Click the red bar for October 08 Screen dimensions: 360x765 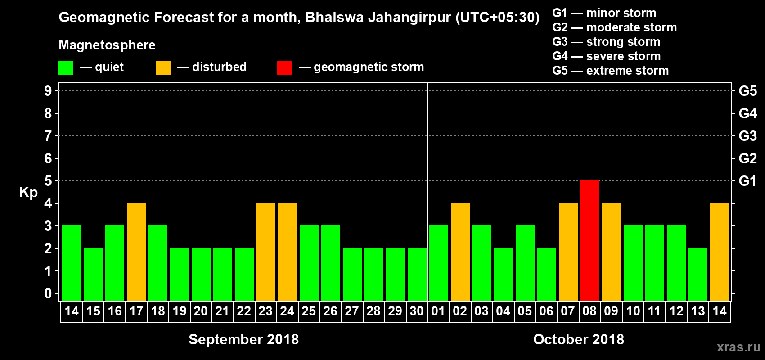click(x=589, y=240)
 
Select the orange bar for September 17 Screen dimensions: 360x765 click(x=136, y=252)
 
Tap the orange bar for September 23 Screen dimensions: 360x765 click(x=266, y=252)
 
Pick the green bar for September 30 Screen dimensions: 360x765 click(x=417, y=274)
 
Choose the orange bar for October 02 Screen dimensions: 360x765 click(x=460, y=252)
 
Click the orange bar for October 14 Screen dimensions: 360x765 click(x=719, y=252)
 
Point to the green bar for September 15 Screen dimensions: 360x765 click(x=93, y=274)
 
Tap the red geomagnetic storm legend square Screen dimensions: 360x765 click(x=284, y=68)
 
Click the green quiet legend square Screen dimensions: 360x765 click(x=66, y=68)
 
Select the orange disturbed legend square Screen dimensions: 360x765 click(x=163, y=68)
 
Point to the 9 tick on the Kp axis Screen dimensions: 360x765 click(x=48, y=91)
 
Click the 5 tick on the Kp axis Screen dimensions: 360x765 click(x=48, y=181)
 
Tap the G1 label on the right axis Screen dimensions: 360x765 click(x=747, y=181)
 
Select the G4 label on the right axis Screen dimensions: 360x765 click(x=747, y=113)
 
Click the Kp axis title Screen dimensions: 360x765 click(x=28, y=193)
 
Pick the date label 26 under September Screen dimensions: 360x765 click(x=330, y=311)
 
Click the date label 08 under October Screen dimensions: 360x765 click(x=589, y=311)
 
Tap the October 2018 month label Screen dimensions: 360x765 click(x=579, y=339)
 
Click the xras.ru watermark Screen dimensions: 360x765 click(x=738, y=347)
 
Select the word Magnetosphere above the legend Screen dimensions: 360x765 click(x=107, y=45)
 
